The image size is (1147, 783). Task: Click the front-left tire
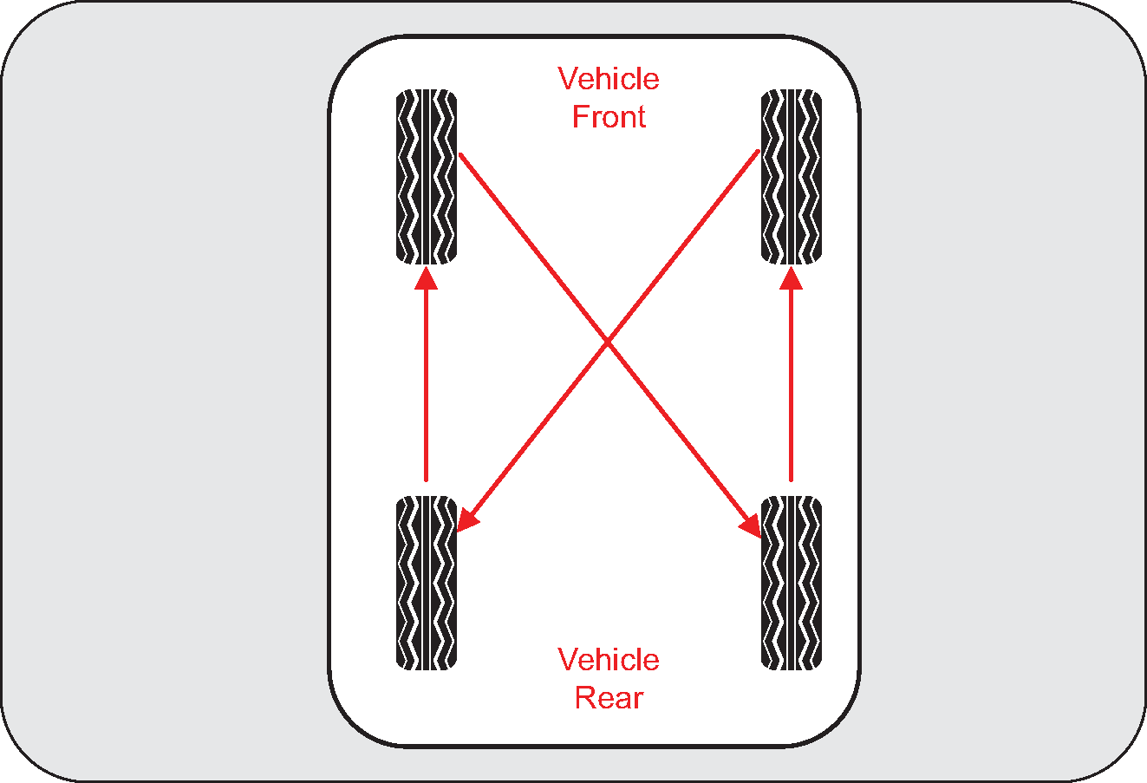[x=427, y=177]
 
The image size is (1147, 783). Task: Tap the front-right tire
[x=792, y=177]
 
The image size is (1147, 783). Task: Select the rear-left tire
[x=427, y=583]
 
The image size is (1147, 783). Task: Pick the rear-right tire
[x=792, y=583]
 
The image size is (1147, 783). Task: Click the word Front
[x=609, y=116]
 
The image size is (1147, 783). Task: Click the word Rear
[x=609, y=697]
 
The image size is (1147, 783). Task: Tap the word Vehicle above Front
[x=609, y=78]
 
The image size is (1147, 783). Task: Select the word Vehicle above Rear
[x=609, y=659]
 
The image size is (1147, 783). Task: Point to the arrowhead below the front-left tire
[x=426, y=278]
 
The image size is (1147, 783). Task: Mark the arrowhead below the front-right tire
[x=792, y=278]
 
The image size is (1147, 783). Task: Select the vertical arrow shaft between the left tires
[x=426, y=386]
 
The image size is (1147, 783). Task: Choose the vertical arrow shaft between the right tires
[x=792, y=386]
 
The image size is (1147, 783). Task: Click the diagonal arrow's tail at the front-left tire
[x=461, y=154]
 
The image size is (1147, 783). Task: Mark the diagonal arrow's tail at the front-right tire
[x=758, y=151]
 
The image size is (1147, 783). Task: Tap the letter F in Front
[x=580, y=116]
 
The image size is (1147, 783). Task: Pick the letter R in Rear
[x=584, y=697]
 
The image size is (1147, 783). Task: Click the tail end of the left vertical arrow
[x=426, y=481]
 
